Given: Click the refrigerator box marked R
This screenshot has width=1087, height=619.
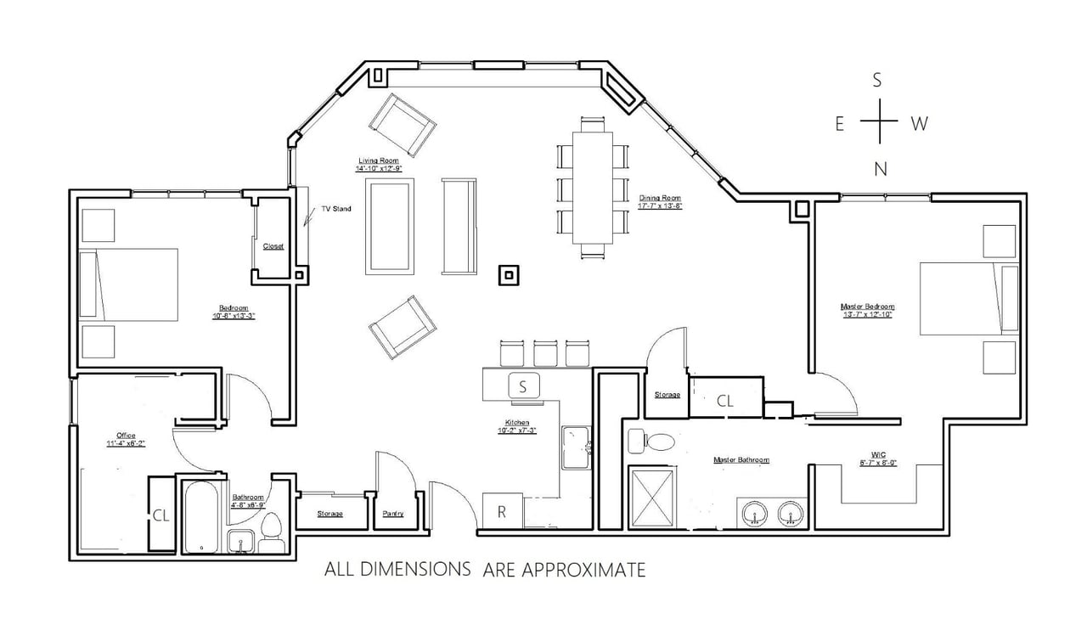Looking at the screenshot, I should (x=502, y=512).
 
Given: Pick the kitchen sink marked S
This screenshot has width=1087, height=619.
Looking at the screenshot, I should (x=523, y=386).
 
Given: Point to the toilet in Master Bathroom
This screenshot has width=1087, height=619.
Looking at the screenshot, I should (x=651, y=442).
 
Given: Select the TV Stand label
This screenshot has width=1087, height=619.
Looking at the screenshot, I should (x=335, y=209).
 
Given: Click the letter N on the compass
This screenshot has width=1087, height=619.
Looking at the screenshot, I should (x=881, y=169).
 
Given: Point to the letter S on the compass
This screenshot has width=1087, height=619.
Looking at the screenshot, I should (x=878, y=81).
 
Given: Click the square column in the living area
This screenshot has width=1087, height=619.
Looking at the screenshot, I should (x=508, y=275).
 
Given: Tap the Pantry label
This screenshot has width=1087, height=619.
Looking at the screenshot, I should (x=393, y=514).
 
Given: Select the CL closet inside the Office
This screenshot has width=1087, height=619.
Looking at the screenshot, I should (x=161, y=515).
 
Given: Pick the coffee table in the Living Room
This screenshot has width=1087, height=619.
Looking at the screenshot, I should (x=391, y=226).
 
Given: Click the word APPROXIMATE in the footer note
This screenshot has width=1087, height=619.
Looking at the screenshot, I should (x=564, y=570).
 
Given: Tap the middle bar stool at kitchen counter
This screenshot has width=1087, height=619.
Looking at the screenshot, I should (x=545, y=353).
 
